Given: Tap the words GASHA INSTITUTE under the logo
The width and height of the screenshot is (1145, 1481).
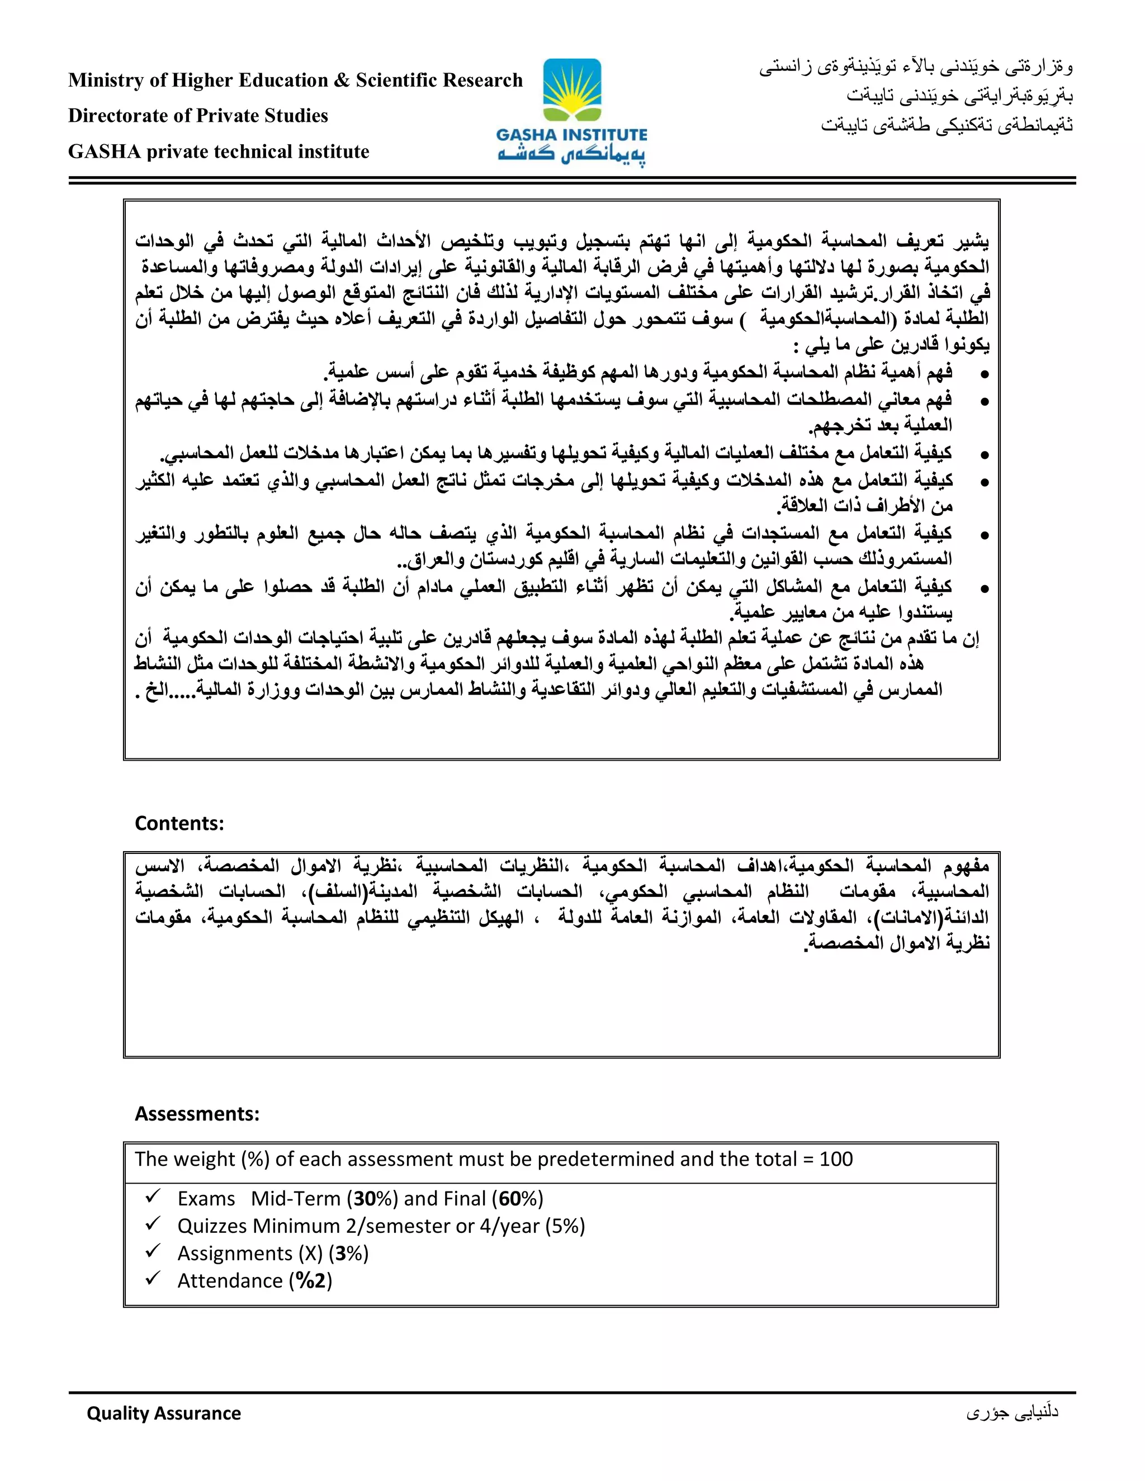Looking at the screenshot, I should point(572,135).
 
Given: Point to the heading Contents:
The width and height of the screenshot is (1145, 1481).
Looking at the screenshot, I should point(179,823).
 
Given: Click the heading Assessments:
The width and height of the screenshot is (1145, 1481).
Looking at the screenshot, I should point(197,1113).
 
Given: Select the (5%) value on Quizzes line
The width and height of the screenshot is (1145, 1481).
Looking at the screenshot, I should point(564,1226).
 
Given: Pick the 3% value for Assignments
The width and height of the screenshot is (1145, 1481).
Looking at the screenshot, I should point(349,1253).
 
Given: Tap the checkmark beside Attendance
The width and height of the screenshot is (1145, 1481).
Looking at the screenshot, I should point(153,1278).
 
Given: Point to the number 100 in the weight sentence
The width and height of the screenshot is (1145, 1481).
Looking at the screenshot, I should point(836,1159).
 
